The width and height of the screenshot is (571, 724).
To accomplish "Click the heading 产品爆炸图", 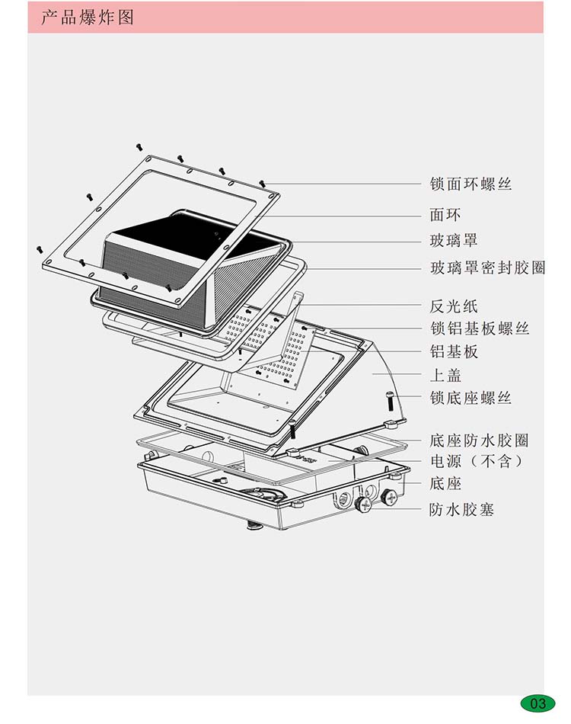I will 88,17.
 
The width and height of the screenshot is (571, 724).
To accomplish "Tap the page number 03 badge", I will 538,703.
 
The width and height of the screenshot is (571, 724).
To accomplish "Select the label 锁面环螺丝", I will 471,184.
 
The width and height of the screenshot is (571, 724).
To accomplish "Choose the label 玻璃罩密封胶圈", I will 487,267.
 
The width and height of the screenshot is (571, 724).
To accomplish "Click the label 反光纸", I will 454,306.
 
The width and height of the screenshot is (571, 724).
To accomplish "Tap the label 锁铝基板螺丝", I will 479,328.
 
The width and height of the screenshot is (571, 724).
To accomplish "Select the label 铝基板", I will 454,351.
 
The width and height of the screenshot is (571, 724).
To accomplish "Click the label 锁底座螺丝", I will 471,398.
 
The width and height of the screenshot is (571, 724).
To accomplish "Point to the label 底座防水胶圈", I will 479,440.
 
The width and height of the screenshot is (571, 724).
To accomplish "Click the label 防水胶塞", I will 462,509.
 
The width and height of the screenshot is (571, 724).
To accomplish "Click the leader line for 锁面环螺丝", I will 343,184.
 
